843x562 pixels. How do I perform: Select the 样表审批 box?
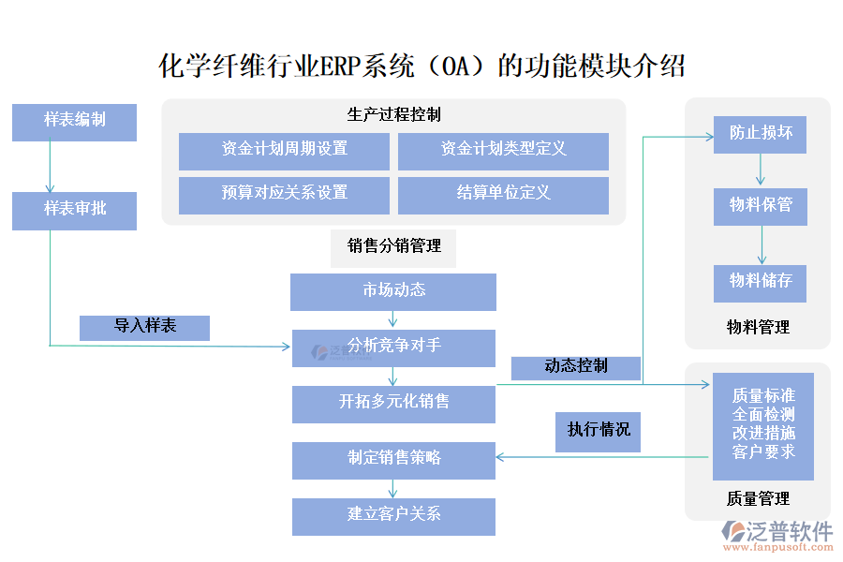coord(74,211)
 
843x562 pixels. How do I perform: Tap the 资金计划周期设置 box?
coord(284,151)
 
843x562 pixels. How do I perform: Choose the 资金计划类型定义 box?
coord(503,151)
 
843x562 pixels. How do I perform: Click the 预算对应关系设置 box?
coord(284,195)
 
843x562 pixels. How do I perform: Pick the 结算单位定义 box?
coord(503,195)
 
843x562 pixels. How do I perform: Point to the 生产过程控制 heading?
coord(393,115)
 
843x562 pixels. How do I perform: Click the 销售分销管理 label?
coord(393,247)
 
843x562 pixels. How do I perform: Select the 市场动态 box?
coord(393,291)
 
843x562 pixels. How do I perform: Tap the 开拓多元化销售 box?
coord(393,404)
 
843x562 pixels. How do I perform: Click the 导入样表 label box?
coord(144,327)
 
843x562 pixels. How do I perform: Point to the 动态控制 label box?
coord(576,367)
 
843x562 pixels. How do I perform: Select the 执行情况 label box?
coord(599,431)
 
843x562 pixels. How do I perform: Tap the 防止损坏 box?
coord(761,135)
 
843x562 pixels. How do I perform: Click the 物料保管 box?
coord(761,206)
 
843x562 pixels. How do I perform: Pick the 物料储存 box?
coord(761,283)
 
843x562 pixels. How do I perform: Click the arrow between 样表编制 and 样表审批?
coord(50,167)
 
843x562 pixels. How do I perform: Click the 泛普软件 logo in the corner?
coord(776,535)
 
